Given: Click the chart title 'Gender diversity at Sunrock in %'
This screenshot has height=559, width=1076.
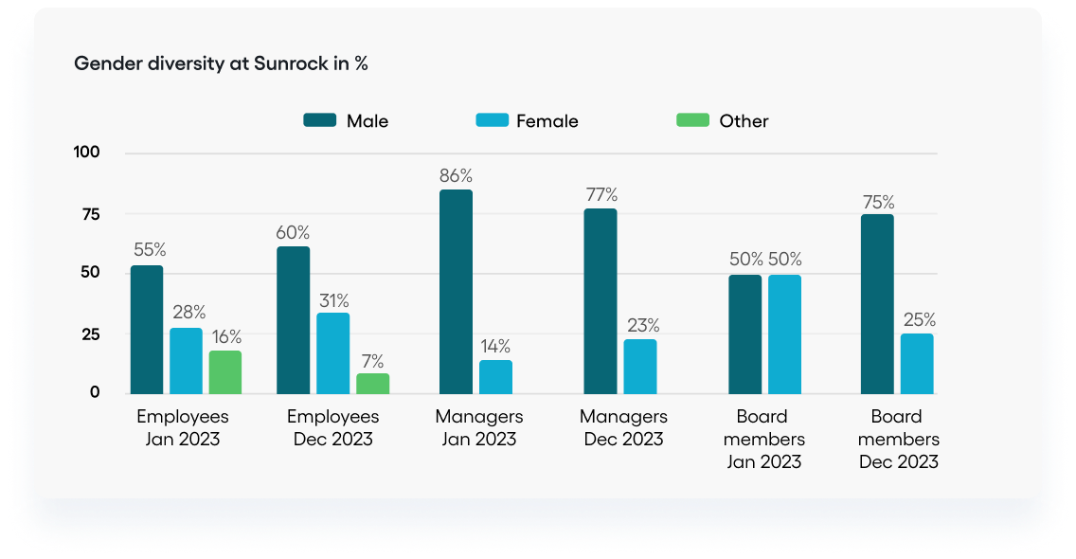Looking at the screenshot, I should (x=221, y=64).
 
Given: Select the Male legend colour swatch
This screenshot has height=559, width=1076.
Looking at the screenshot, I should (x=320, y=120).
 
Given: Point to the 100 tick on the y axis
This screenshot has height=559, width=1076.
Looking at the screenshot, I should (x=86, y=153).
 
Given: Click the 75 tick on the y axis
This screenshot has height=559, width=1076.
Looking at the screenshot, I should (x=90, y=214).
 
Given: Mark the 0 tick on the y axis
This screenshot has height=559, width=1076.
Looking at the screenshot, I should (x=95, y=392).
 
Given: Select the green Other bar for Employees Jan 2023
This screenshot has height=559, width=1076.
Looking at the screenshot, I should (x=225, y=371).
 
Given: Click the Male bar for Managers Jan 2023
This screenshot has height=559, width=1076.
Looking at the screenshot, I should (x=457, y=291).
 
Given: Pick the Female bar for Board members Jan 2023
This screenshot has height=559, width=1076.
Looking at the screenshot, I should (x=784, y=334).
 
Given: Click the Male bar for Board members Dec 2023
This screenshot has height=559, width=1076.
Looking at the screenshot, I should (x=877, y=303).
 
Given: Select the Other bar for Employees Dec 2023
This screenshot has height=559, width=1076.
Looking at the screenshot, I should (x=372, y=383).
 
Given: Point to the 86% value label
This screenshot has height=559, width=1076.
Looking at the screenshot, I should (x=456, y=175).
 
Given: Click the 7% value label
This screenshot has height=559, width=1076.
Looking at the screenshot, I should (x=372, y=360).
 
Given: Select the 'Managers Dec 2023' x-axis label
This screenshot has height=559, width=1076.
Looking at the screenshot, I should (x=623, y=427).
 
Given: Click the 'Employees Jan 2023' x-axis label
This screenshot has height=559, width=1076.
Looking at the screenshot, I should (x=183, y=427).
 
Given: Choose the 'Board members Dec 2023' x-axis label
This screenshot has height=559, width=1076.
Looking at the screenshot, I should (x=899, y=439).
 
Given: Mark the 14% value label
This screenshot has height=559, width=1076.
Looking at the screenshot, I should (x=495, y=346).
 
